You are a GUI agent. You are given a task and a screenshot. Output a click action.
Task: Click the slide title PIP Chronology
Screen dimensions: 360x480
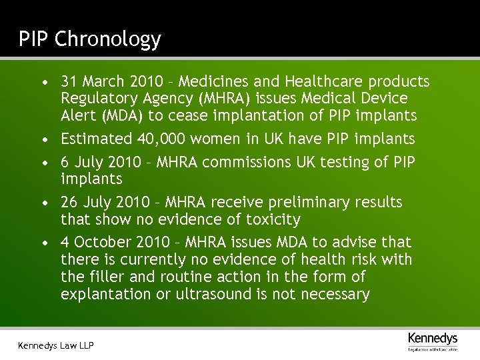(89, 39)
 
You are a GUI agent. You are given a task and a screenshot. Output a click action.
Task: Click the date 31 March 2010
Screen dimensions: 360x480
(111, 82)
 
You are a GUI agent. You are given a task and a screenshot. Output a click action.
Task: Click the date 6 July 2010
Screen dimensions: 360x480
(101, 162)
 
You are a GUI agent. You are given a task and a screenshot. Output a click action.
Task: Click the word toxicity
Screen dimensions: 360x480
(272, 219)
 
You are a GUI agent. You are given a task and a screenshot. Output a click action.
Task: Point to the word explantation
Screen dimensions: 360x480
(106, 294)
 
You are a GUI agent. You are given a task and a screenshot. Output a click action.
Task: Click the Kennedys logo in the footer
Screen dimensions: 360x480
(433, 340)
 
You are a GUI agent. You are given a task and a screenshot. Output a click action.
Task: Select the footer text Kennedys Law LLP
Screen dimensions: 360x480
(56, 345)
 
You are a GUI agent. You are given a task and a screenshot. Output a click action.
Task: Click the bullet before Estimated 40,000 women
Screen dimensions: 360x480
(43, 140)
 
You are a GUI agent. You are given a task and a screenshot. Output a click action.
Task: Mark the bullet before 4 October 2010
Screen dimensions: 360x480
(43, 243)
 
